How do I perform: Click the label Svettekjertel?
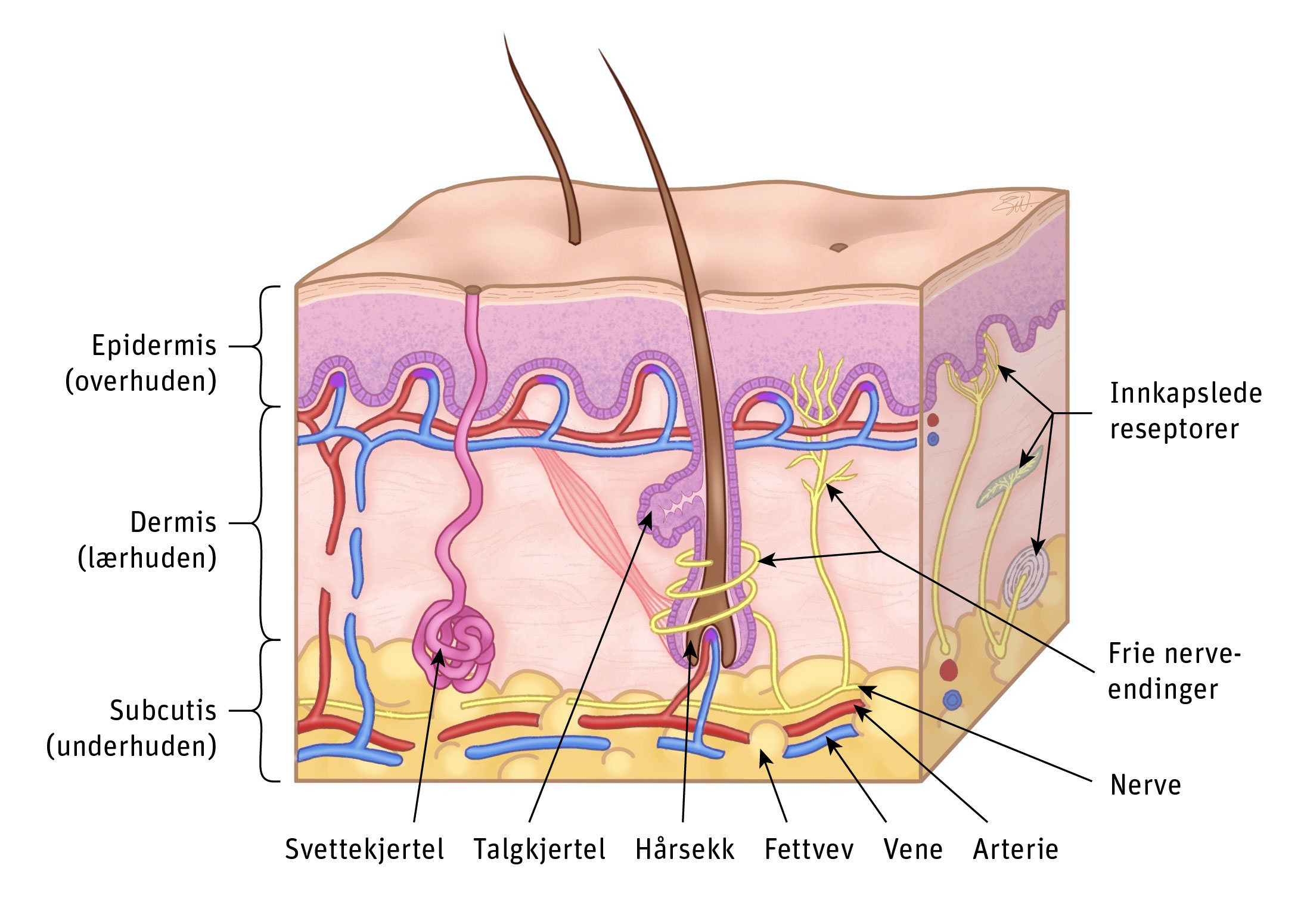coord(364,849)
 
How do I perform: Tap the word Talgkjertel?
coord(539,849)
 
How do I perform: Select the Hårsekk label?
coord(685,849)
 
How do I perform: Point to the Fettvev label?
coord(809,849)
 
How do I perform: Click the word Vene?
coord(913,849)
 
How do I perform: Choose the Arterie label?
coord(1016,849)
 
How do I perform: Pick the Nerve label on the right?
coord(1145,785)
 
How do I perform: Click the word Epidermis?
coord(154,346)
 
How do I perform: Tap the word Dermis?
coord(173,522)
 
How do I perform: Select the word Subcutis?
coord(163,710)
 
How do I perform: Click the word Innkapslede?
coord(1186,393)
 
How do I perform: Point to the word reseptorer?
coord(1174,429)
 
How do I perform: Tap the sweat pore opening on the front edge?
coord(473,290)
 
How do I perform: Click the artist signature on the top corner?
coord(1013,203)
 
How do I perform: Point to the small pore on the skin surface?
coord(839,247)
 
